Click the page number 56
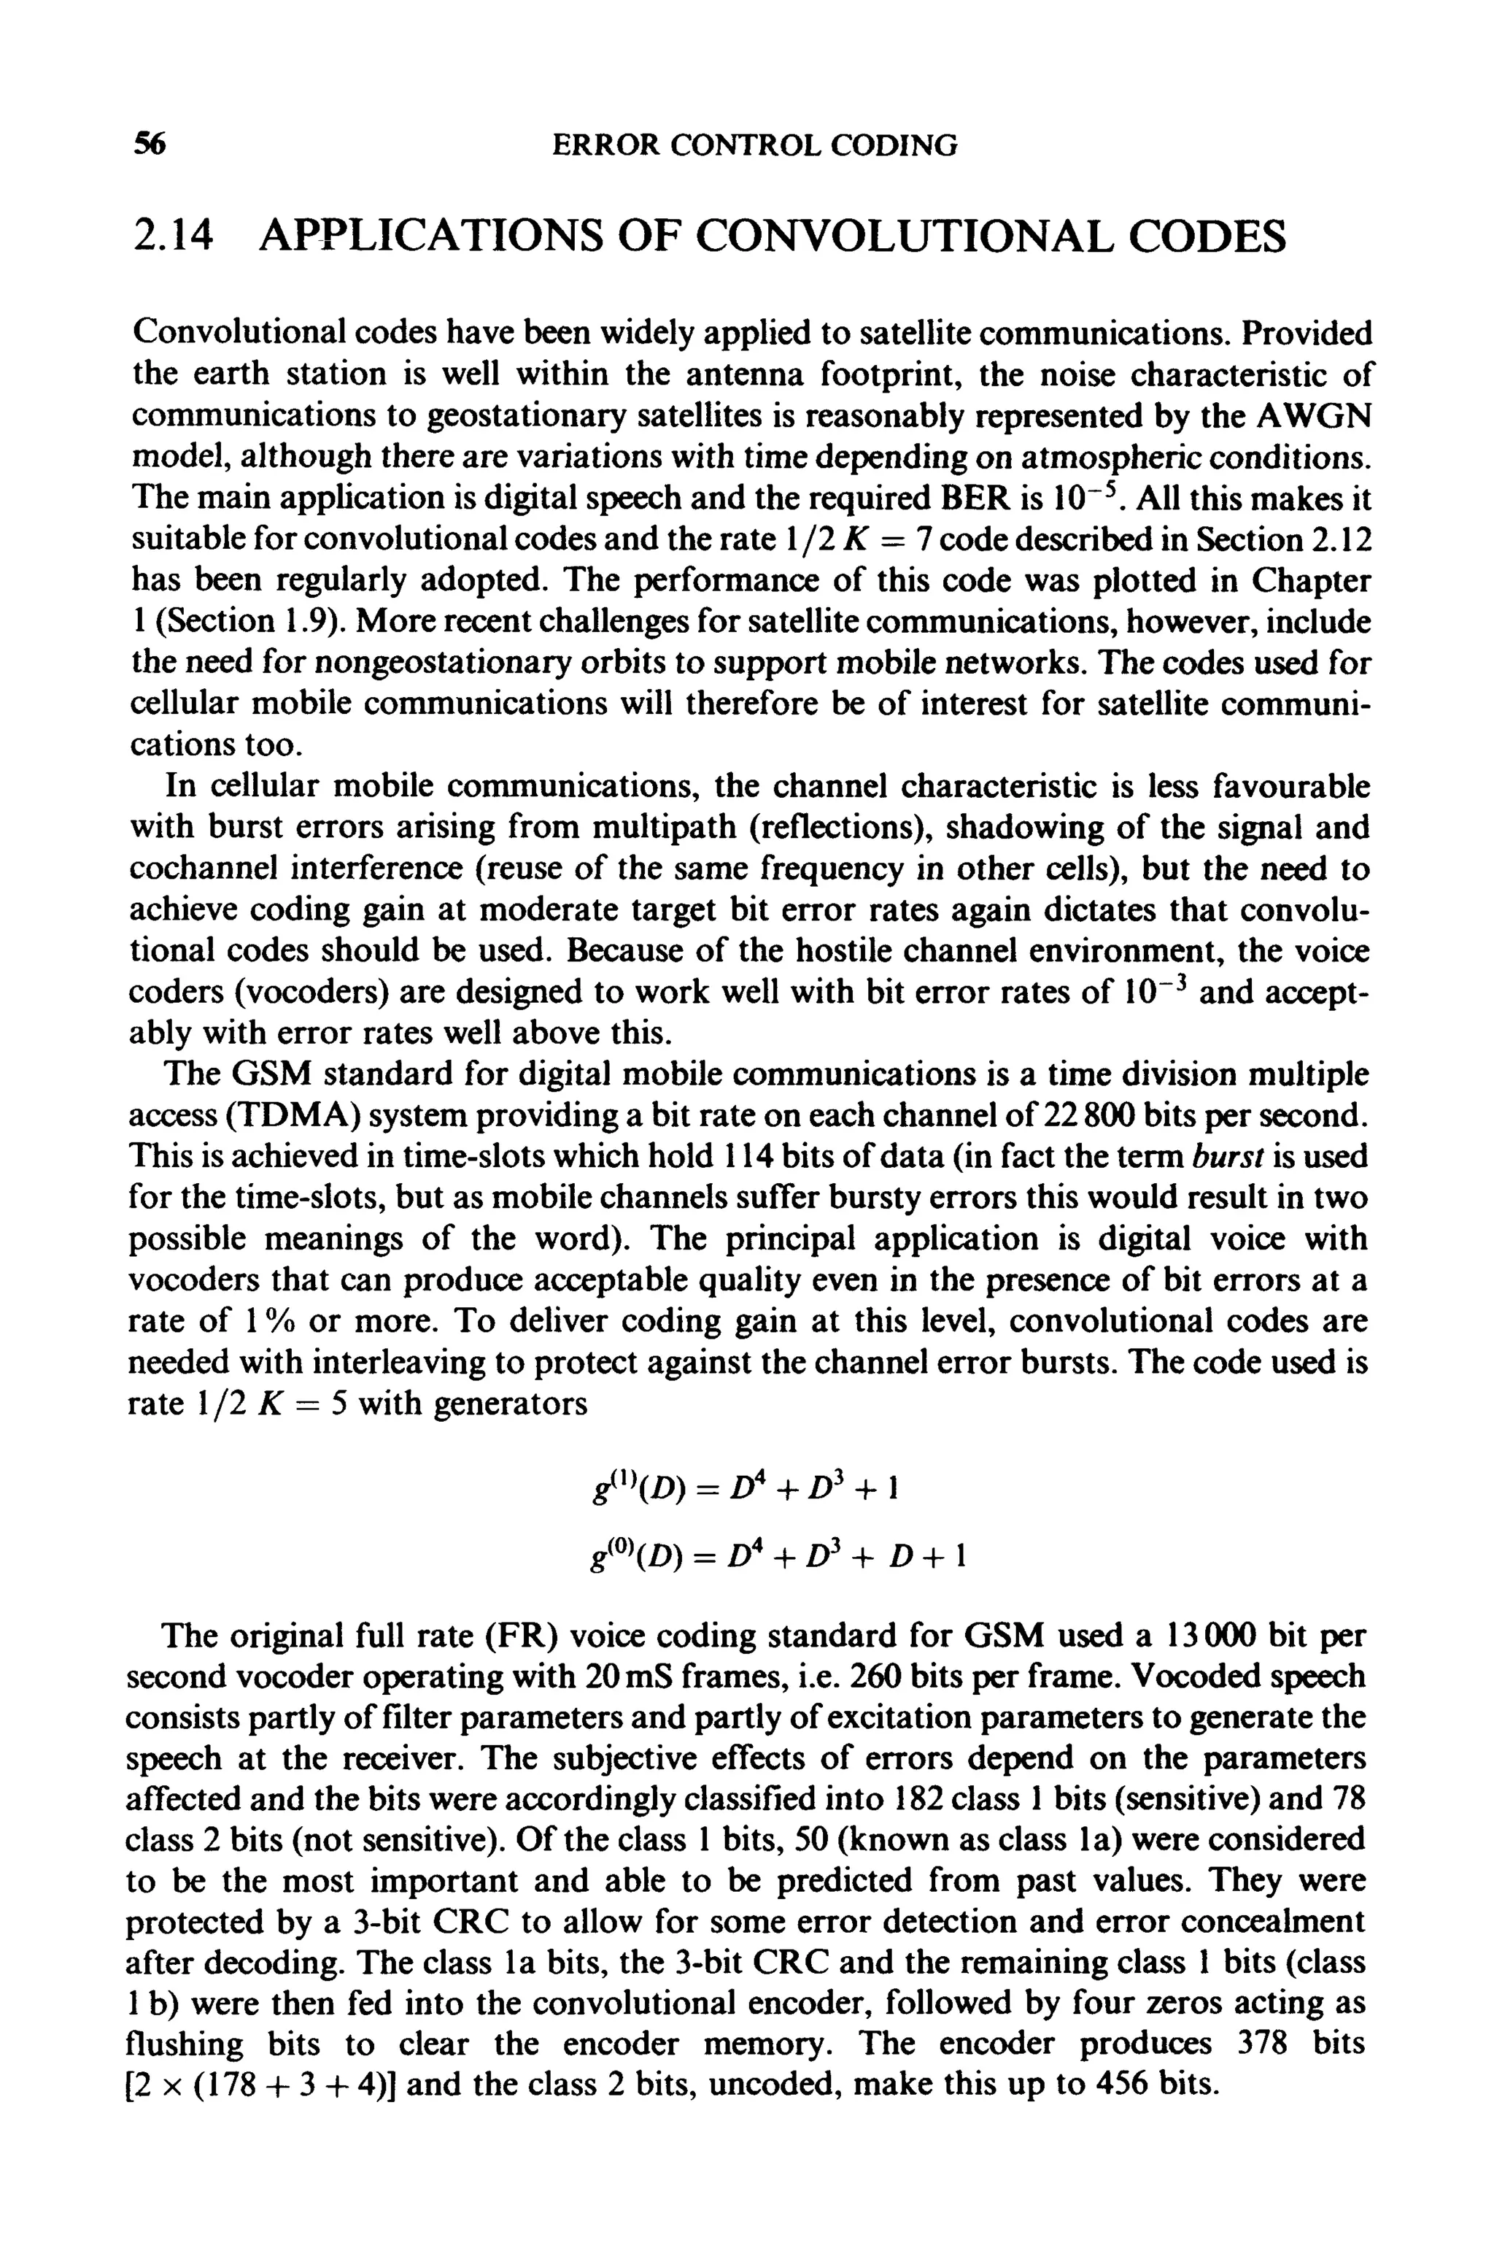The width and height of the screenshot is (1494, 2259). [150, 145]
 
